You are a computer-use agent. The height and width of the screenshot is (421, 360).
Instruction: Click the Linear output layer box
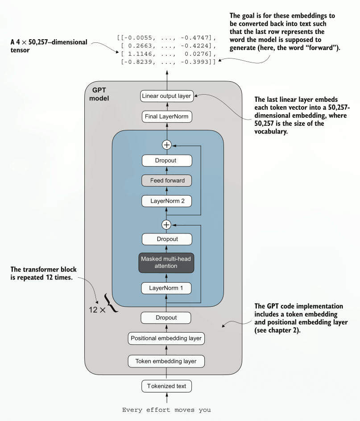coord(166,96)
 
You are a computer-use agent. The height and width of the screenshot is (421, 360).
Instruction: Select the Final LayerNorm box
coord(166,117)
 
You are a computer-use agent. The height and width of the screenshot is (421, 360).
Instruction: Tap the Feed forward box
coord(166,180)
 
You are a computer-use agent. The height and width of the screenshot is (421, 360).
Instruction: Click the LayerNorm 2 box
coord(166,201)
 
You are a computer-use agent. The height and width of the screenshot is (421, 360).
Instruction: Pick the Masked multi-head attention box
coord(166,263)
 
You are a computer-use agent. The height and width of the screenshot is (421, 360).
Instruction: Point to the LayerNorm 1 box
coord(166,288)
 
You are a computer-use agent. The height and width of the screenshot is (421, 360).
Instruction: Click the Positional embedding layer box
coord(166,338)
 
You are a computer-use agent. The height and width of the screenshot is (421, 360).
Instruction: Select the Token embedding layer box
coord(166,361)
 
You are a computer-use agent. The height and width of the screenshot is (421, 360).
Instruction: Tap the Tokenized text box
coord(166,386)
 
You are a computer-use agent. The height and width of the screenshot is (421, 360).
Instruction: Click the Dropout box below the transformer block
coord(166,317)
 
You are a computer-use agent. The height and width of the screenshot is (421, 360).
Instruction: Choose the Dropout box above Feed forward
coord(166,160)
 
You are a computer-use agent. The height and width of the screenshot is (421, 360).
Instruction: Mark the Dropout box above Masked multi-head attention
coord(166,239)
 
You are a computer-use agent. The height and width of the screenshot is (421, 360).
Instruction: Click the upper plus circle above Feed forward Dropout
coord(166,145)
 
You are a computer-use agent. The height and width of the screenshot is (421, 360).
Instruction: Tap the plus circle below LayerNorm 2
coord(166,224)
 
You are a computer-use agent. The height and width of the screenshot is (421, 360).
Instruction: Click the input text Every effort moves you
coord(166,409)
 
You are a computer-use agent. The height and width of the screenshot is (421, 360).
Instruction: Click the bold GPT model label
coord(99,94)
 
